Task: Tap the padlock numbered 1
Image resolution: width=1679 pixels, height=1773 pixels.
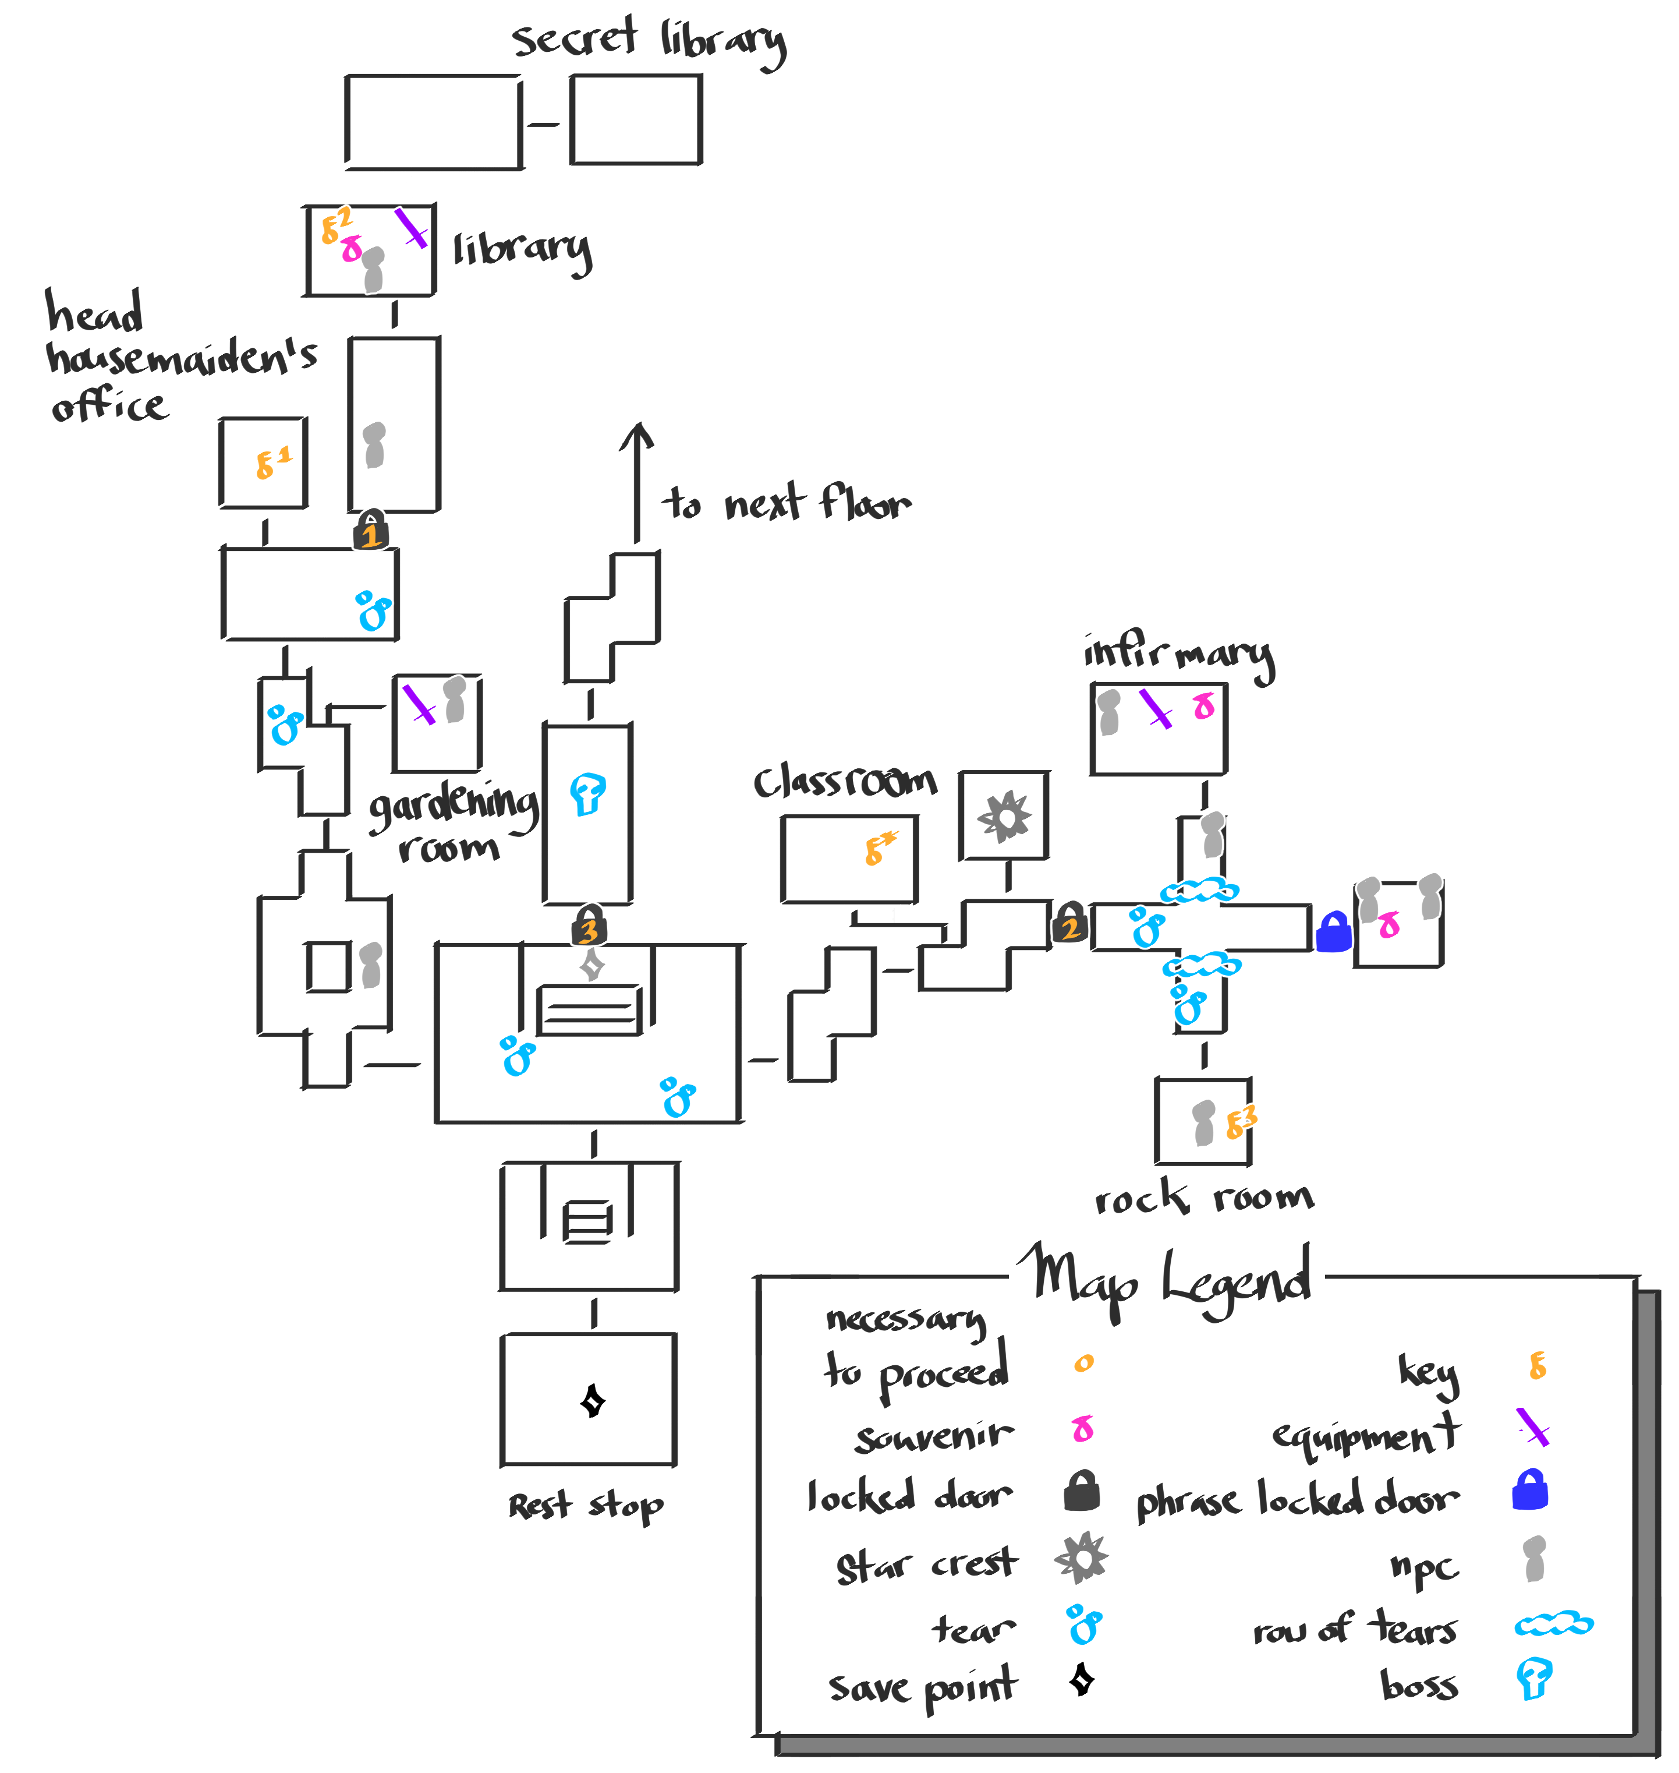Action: [370, 529]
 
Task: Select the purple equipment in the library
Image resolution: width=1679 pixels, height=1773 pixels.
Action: [411, 228]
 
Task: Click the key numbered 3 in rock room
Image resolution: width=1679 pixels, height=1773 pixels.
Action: [1239, 1122]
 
